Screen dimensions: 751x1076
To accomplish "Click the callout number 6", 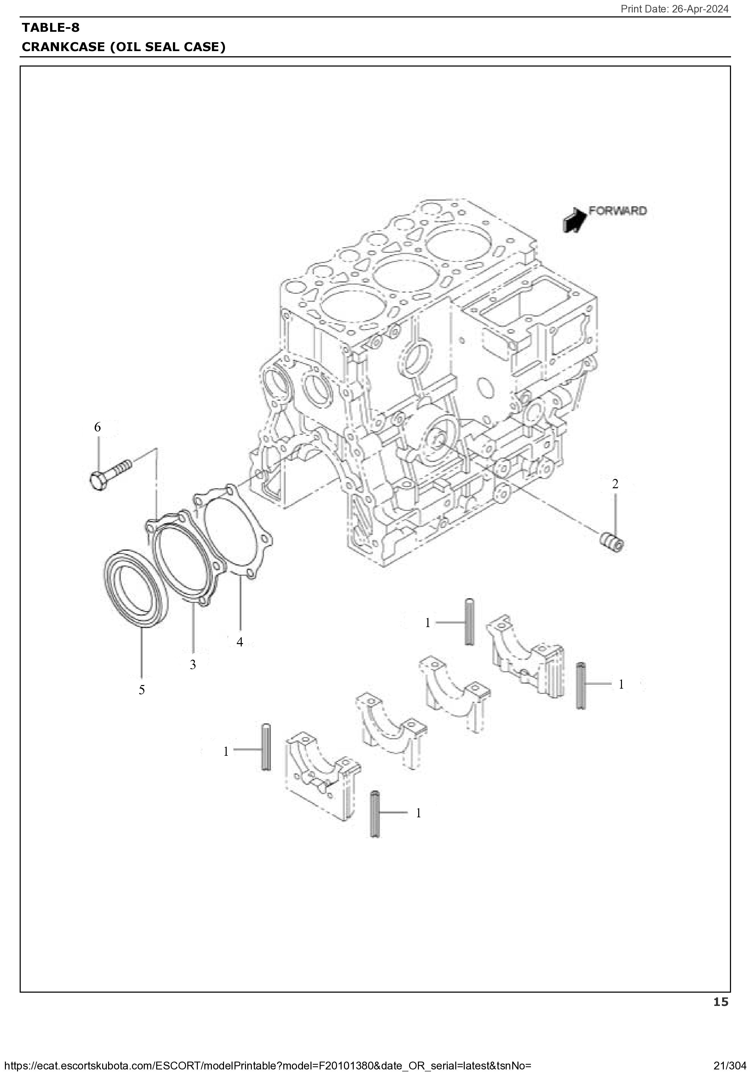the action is tap(98, 427).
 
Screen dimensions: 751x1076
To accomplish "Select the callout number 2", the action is tap(615, 484).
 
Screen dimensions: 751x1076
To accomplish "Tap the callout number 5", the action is tap(141, 690).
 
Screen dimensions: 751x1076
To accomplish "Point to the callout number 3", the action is tap(193, 664).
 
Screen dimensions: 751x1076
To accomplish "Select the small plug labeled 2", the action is tap(613, 542).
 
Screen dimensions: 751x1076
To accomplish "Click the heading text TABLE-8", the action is tap(51, 28).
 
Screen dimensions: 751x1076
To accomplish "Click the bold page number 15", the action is tap(721, 1002).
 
